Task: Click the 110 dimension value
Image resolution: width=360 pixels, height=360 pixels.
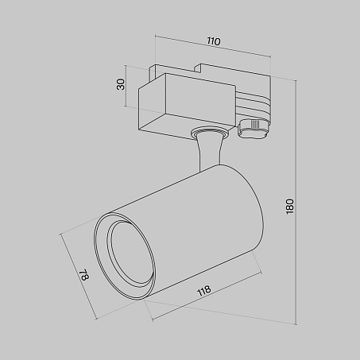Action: pyautogui.click(x=214, y=41)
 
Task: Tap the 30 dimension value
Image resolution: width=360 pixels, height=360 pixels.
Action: pyautogui.click(x=121, y=84)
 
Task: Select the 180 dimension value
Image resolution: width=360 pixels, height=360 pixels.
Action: pyautogui.click(x=290, y=207)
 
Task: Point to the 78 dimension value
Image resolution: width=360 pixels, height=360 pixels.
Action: pyautogui.click(x=84, y=275)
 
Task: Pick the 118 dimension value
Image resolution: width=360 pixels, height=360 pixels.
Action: pyautogui.click(x=204, y=291)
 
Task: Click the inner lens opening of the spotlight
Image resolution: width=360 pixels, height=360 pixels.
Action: pyautogui.click(x=130, y=254)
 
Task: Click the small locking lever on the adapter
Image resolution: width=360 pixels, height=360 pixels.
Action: pyautogui.click(x=254, y=128)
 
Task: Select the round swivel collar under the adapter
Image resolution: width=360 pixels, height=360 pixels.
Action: pyautogui.click(x=209, y=132)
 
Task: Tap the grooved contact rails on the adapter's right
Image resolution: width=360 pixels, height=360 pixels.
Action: pyautogui.click(x=253, y=106)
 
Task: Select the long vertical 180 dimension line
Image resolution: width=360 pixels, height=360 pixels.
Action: pyautogui.click(x=296, y=203)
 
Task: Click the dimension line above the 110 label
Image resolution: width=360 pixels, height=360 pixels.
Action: pyautogui.click(x=213, y=46)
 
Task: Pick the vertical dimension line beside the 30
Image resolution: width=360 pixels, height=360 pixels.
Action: pyautogui.click(x=126, y=85)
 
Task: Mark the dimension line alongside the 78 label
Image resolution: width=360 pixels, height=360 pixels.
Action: pyautogui.click(x=78, y=277)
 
